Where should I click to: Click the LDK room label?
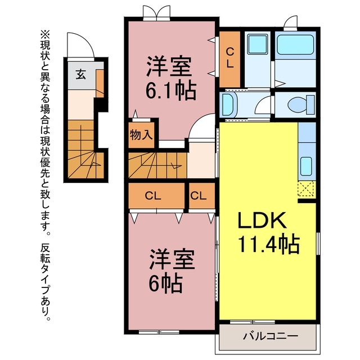point(262,220)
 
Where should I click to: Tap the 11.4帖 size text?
point(269,244)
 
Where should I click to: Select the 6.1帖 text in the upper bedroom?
point(171,91)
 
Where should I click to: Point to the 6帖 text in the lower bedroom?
point(166,283)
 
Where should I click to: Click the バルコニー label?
point(271,336)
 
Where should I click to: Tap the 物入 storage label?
point(141,135)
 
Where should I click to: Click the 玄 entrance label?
point(81,74)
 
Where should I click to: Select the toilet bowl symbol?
point(301,105)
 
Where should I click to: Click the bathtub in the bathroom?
point(295,44)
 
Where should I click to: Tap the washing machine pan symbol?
point(258,44)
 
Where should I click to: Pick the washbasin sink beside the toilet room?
point(228,105)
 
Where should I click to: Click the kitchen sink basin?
point(306,166)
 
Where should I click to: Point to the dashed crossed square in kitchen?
point(306,189)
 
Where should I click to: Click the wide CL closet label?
point(153,196)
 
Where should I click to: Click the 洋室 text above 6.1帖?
point(169,66)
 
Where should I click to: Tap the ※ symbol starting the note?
point(45,35)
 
